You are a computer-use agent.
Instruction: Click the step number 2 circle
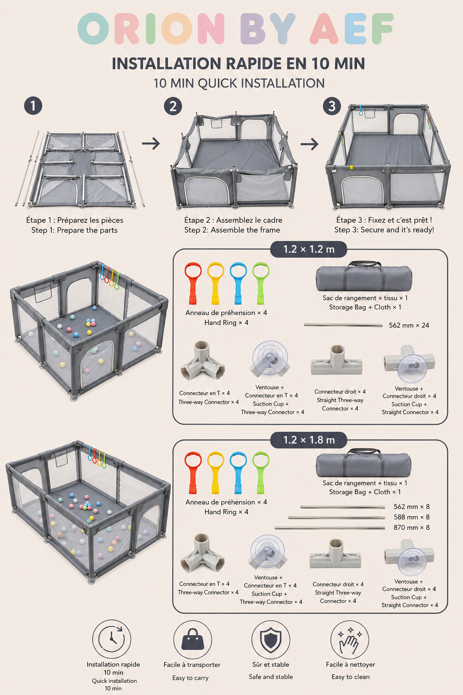[173, 106]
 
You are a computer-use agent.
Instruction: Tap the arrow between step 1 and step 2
[151, 143]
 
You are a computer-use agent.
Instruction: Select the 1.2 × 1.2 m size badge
[308, 249]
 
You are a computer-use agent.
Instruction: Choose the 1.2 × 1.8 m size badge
[308, 440]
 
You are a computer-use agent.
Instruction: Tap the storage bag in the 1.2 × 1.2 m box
[364, 276]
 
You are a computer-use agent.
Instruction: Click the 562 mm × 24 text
[409, 325]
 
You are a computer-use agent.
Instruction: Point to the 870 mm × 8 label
[411, 528]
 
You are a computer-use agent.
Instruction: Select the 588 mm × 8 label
[411, 517]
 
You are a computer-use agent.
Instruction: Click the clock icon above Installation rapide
[112, 639]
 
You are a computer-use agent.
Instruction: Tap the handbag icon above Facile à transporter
[193, 640]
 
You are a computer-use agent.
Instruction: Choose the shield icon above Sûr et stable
[271, 640]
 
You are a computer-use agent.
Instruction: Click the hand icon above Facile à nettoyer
[350, 640]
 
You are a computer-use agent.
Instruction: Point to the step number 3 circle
[332, 106]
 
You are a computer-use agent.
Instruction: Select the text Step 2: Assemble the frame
[232, 230]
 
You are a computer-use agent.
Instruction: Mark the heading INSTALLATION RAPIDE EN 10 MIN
[238, 64]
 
